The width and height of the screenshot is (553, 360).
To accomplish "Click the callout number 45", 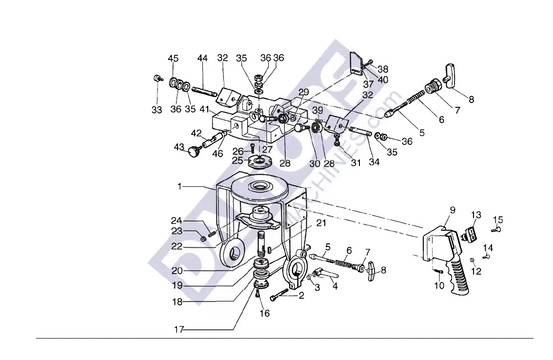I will pos(173,59).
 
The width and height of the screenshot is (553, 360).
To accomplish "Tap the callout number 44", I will pos(202,59).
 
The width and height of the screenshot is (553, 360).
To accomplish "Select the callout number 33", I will pos(157,110).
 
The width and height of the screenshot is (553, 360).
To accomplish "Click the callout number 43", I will pos(179,146).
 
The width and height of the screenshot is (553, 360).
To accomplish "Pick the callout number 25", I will pos(237,160).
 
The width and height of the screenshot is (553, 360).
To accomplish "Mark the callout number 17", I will pos(179,330).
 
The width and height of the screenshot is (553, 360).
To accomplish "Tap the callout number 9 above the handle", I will pos(453,211).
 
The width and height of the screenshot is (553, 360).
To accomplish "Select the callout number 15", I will pos(498,220).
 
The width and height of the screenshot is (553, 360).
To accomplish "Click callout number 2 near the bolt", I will pos(301,295).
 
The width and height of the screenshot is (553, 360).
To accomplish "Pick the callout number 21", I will pos(320,223).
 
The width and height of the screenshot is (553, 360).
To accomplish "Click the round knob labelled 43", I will pos(195,153).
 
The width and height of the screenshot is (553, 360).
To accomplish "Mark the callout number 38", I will pos(383,69).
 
